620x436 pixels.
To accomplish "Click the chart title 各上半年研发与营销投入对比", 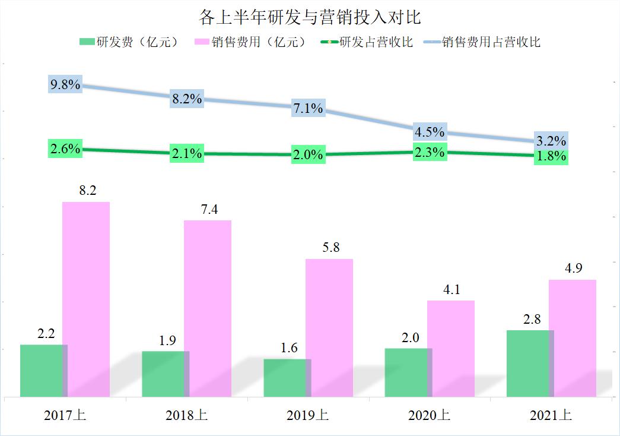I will [310, 17].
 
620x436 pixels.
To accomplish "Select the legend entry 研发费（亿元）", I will [128, 42].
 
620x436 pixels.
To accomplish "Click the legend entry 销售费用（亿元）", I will [250, 42].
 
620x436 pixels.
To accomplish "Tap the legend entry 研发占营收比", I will [366, 42].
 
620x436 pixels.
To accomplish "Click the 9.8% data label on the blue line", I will [65, 84].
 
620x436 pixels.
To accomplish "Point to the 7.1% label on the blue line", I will [309, 108].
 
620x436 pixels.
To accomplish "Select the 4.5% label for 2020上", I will [430, 132].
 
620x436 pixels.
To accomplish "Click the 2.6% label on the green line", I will [65, 149].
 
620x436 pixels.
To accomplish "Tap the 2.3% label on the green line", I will [430, 153].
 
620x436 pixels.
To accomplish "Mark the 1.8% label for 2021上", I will [551, 157].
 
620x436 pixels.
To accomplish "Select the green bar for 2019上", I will [287, 378].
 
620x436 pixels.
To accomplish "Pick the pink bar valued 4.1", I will [451, 348].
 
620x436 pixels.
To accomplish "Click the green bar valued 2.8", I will [530, 363].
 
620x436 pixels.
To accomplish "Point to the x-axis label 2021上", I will [551, 416].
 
